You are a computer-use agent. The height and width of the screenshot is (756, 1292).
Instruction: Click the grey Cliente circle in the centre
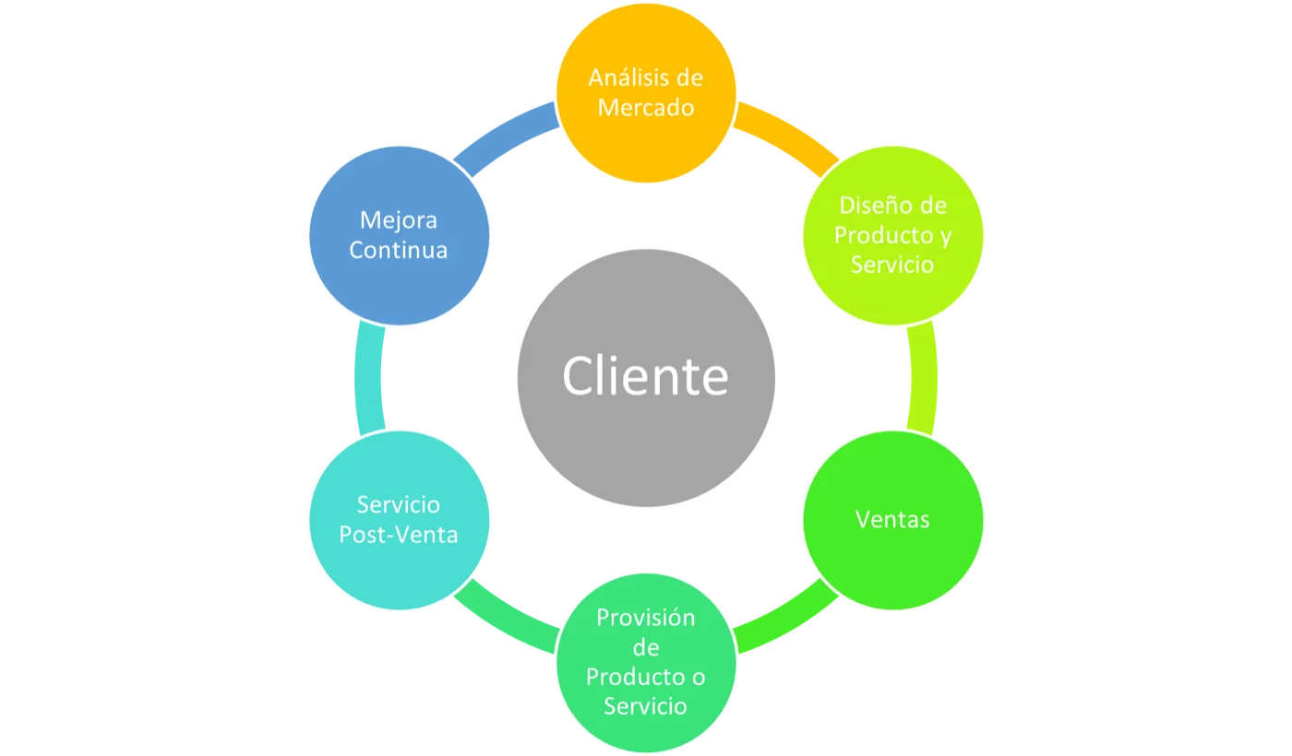tap(646, 378)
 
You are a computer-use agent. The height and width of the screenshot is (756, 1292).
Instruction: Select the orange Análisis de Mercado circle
tap(646, 93)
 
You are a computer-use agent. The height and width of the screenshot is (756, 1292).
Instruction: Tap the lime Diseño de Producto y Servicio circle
tap(893, 235)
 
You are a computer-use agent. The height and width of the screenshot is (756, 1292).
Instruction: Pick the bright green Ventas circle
tap(893, 520)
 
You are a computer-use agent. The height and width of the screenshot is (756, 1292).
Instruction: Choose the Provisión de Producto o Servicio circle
tap(646, 663)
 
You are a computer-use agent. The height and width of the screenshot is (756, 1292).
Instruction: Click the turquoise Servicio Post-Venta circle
tap(399, 520)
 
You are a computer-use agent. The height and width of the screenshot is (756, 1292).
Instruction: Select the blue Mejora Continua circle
tap(399, 235)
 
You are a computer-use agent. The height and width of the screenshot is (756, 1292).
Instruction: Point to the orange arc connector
tap(789, 134)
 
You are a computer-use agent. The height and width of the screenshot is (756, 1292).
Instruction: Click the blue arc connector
tap(503, 134)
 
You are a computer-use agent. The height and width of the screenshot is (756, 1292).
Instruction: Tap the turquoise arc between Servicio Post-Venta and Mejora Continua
tap(368, 378)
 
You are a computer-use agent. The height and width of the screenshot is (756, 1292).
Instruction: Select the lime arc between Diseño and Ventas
tap(924, 378)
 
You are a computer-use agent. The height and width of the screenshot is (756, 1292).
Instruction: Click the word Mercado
tap(646, 108)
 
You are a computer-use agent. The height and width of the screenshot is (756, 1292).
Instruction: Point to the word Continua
tap(399, 250)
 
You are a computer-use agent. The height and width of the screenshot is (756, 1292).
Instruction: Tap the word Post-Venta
tap(399, 535)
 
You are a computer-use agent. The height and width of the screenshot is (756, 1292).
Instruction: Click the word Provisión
tap(646, 618)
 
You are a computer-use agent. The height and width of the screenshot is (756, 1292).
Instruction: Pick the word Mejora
tap(399, 220)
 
